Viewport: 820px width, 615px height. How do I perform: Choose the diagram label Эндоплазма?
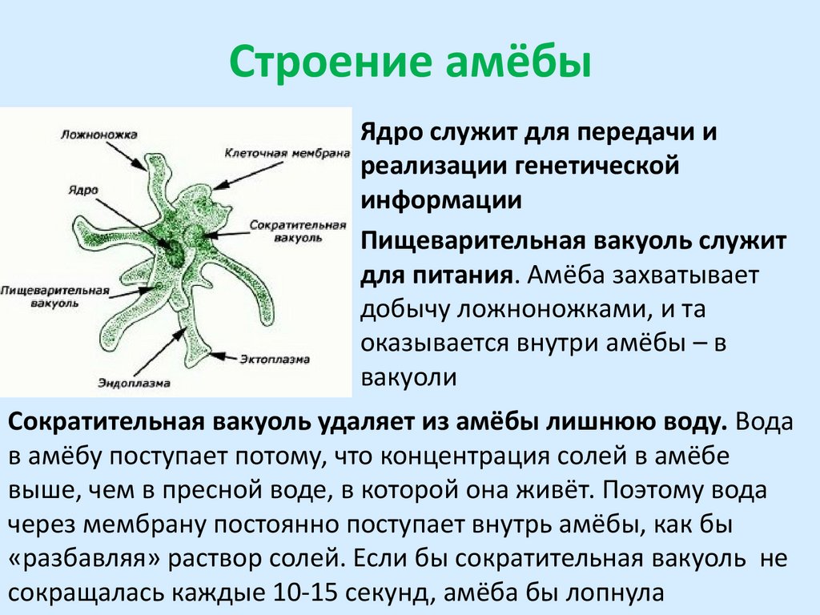135,383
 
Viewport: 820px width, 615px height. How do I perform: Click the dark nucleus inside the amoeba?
172,252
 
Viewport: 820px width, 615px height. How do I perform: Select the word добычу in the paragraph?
402,310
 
